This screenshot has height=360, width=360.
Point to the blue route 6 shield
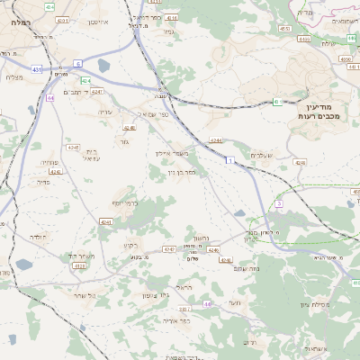click(77, 63)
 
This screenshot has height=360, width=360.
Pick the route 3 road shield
click(279, 204)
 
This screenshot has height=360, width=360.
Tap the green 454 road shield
click(49, 6)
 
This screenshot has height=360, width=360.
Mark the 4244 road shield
click(216, 140)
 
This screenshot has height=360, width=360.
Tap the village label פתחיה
click(49, 163)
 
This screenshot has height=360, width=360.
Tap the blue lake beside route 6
click(104, 66)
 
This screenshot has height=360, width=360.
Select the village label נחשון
click(202, 237)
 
